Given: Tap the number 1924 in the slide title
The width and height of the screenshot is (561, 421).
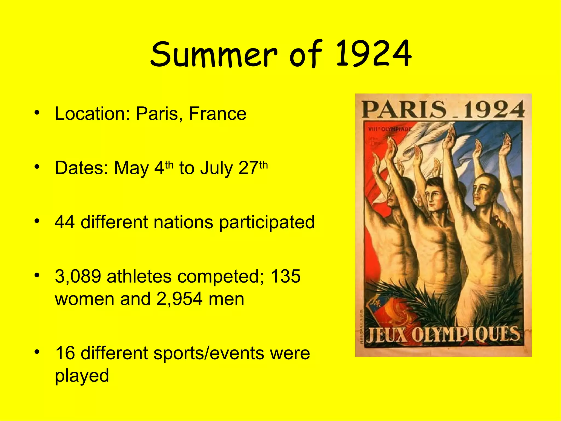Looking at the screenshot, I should [374, 54].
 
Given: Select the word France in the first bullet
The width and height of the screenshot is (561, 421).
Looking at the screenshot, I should [218, 113].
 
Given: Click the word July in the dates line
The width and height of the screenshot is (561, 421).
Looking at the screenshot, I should [216, 168].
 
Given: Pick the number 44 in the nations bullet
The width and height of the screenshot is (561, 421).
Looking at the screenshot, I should [65, 222].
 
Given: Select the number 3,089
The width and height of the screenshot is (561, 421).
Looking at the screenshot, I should [78, 276].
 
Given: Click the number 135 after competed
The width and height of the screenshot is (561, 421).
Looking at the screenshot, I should [285, 276].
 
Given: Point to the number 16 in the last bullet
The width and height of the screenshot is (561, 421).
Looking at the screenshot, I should [65, 353].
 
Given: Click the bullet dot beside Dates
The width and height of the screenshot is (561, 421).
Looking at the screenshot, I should [37, 166].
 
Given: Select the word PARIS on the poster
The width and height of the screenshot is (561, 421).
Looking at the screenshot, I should [404, 110].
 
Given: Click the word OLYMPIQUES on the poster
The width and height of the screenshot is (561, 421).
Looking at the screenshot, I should [465, 335].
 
